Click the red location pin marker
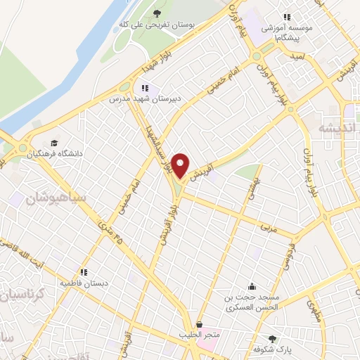coord(181,166)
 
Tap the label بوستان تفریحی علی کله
coord(165,27)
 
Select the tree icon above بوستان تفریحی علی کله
coord(157,14)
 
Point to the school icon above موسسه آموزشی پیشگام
coord(286,17)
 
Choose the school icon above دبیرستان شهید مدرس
coord(145,88)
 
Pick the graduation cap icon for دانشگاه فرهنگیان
coord(54,139)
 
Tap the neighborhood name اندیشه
coord(333,128)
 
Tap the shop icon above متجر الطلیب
coord(200,325)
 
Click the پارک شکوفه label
coord(273,347)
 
